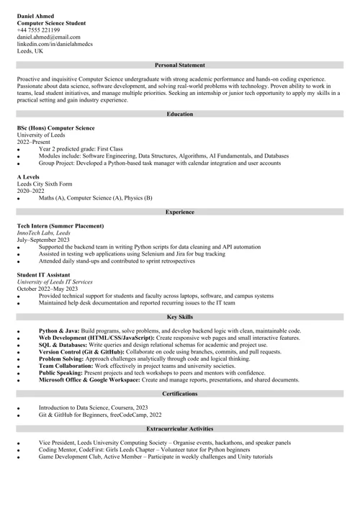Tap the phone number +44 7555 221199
(38, 30)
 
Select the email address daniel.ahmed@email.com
(49, 37)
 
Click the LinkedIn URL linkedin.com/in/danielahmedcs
(55, 45)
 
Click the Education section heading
(179, 114)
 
